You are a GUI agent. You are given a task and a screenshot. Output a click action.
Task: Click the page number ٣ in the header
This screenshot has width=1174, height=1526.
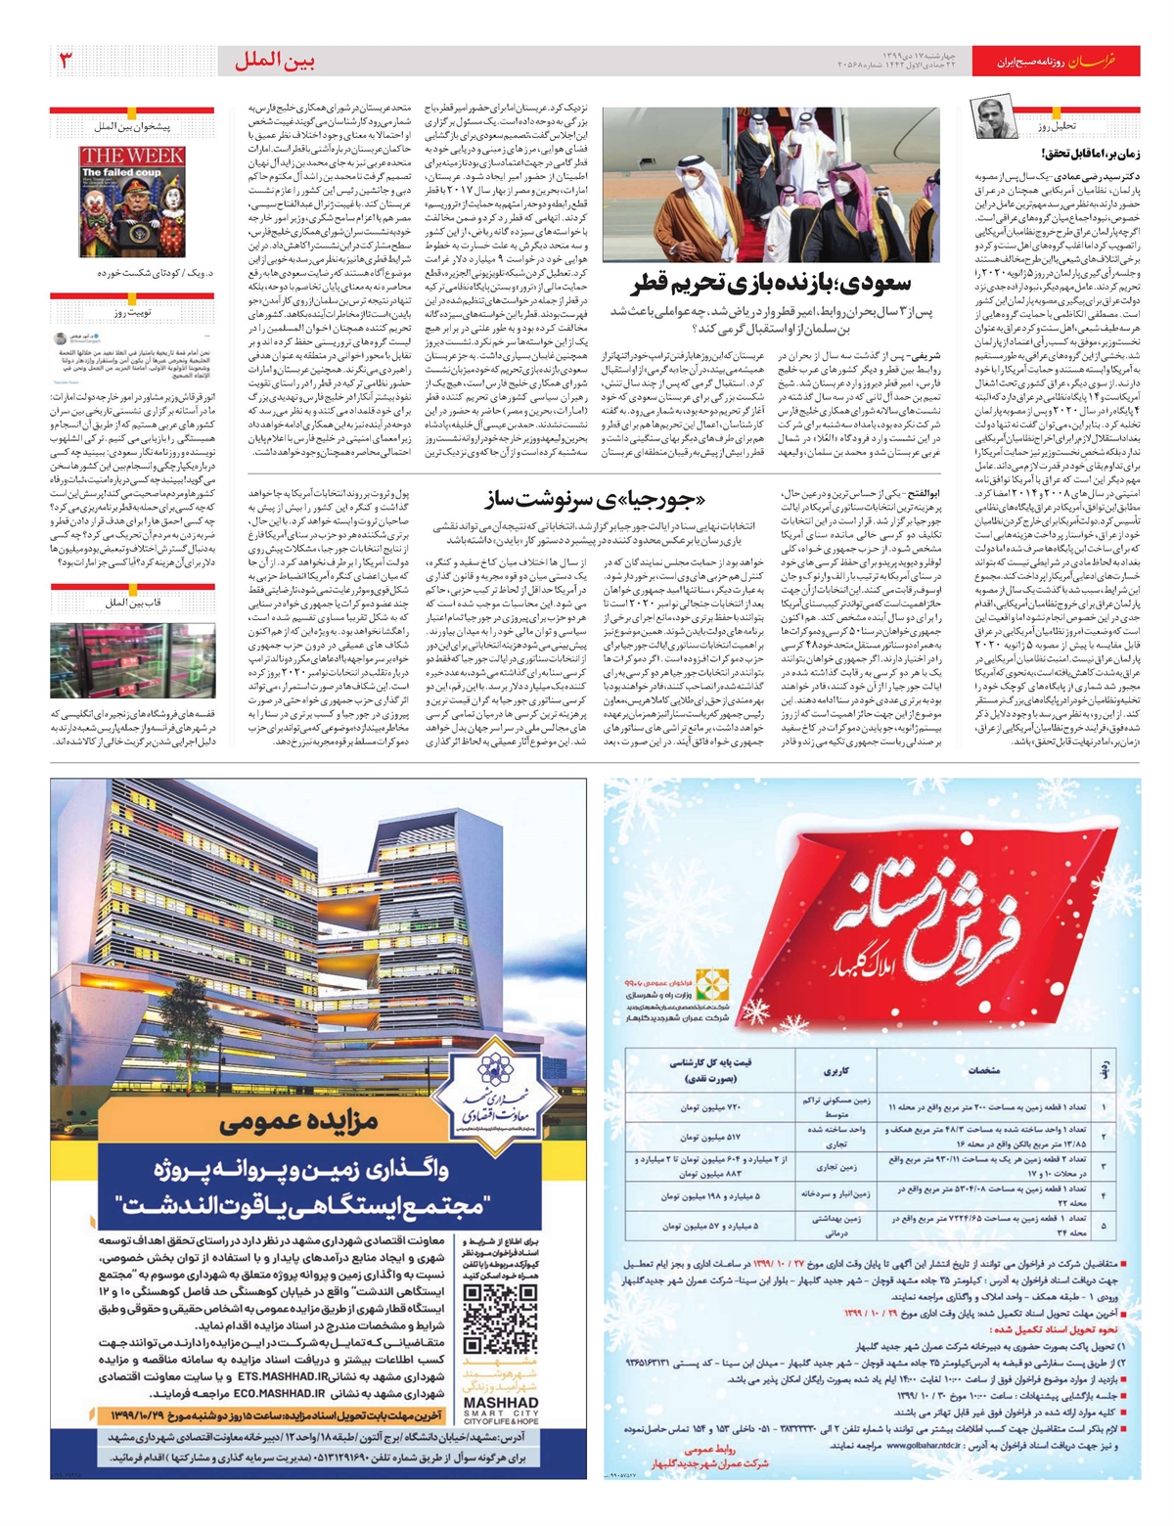pyautogui.click(x=67, y=62)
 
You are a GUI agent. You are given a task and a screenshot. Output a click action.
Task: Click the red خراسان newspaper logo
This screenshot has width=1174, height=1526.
pyautogui.click(x=1110, y=62)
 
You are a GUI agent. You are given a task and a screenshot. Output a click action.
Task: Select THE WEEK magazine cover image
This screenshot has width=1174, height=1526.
pyautogui.click(x=132, y=202)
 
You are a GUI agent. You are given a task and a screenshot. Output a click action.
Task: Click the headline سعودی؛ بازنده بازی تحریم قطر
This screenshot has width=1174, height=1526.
pyautogui.click(x=772, y=285)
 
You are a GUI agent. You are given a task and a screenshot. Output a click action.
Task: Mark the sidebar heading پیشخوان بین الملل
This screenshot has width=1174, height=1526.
pyautogui.click(x=132, y=127)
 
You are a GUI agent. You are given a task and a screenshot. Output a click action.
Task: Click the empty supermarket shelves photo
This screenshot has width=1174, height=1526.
pyautogui.click(x=132, y=659)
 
